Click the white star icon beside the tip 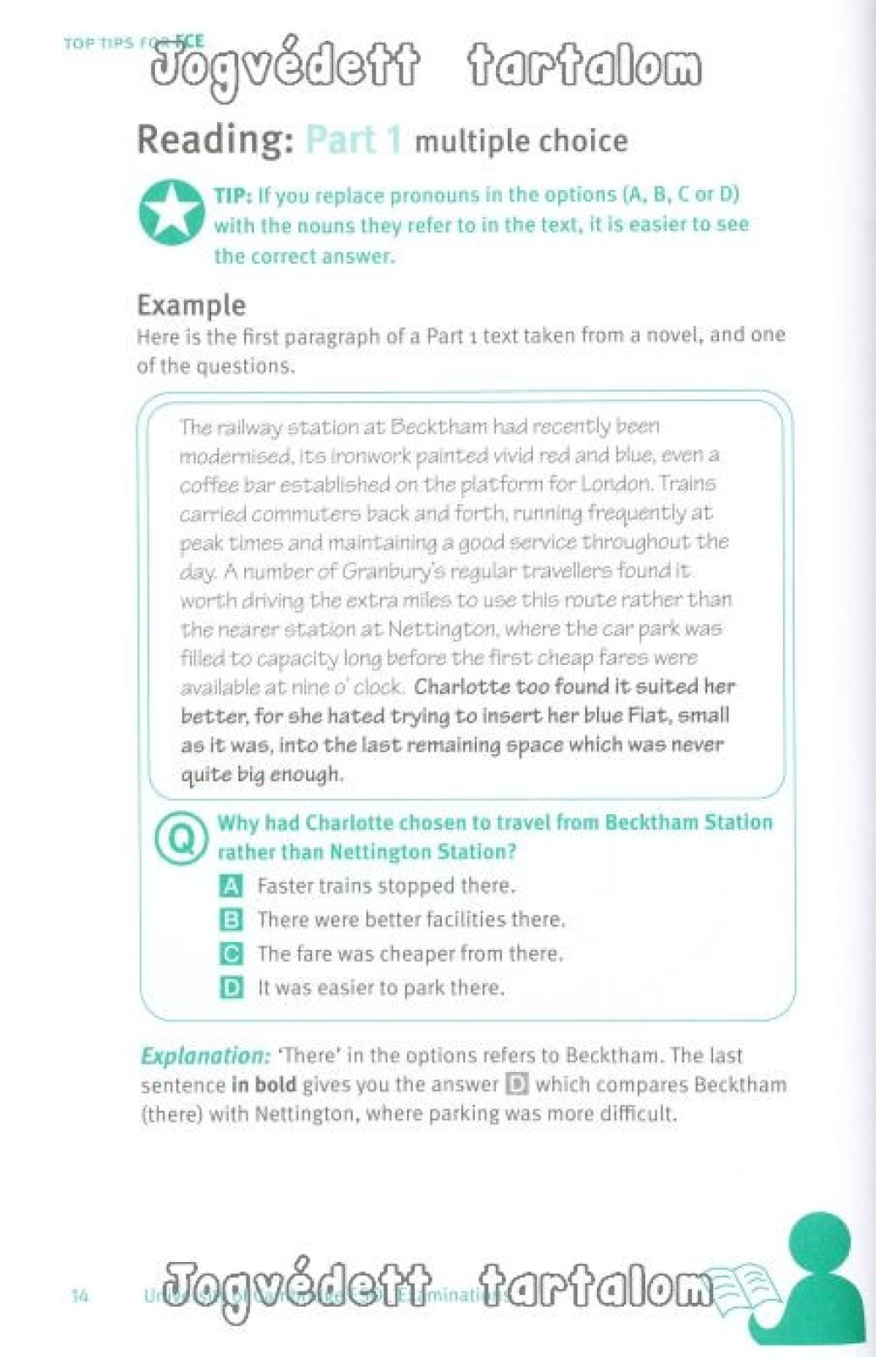[171, 211]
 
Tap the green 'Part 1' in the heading [353, 140]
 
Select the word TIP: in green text [233, 196]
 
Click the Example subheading [191, 304]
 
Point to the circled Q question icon [181, 838]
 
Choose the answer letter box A [231, 886]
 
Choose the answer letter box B [231, 920]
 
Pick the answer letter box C [231, 954]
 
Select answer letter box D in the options [231, 988]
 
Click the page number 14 [80, 1296]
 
